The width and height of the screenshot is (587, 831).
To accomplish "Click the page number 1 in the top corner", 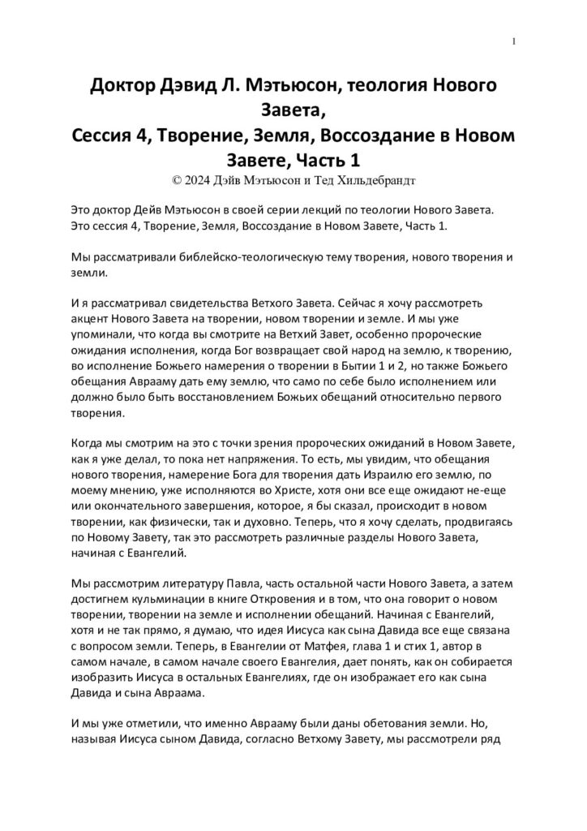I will (x=515, y=41).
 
